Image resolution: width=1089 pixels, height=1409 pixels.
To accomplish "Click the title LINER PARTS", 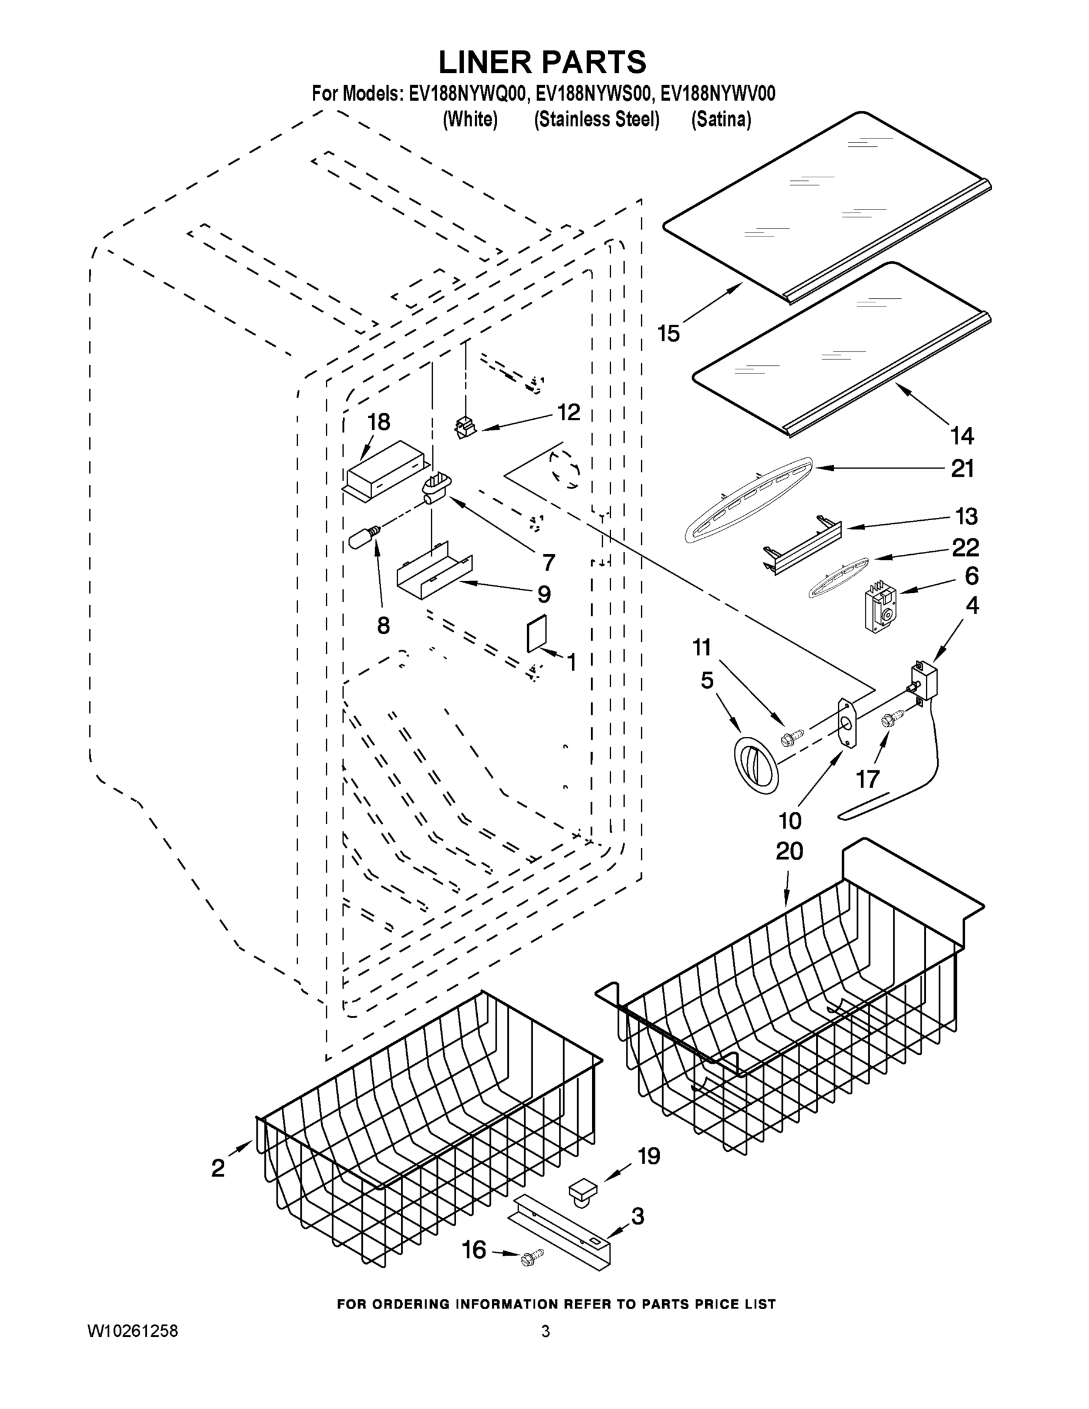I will (542, 63).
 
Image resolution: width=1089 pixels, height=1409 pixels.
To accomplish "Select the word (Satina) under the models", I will (721, 120).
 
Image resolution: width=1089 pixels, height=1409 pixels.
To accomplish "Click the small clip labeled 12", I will (464, 427).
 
